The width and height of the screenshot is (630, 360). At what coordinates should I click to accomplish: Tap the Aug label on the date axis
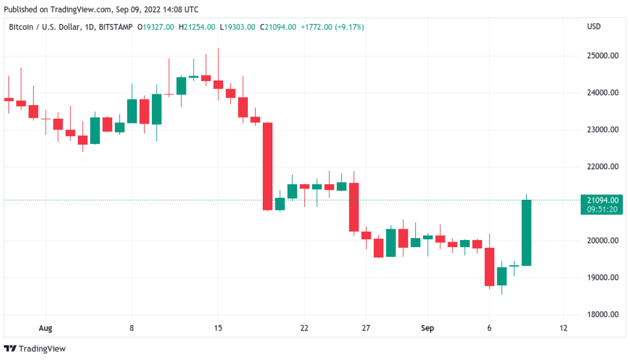click(x=46, y=329)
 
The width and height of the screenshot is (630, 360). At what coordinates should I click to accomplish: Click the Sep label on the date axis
click(x=427, y=329)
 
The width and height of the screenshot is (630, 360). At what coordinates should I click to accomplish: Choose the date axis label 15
click(x=218, y=329)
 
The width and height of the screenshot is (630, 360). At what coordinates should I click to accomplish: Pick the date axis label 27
click(x=366, y=329)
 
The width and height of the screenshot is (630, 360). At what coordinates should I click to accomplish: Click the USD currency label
click(x=593, y=27)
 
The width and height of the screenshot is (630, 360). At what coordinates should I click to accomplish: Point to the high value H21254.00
click(x=197, y=27)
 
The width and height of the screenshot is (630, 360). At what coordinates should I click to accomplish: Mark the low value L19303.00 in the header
click(x=238, y=27)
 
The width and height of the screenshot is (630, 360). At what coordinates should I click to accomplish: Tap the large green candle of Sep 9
click(x=527, y=233)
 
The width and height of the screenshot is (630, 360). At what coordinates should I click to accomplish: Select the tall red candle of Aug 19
click(x=268, y=166)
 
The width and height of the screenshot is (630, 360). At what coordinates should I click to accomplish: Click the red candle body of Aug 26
click(x=354, y=207)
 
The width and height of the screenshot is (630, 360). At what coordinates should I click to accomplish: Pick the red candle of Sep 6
click(x=490, y=266)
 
